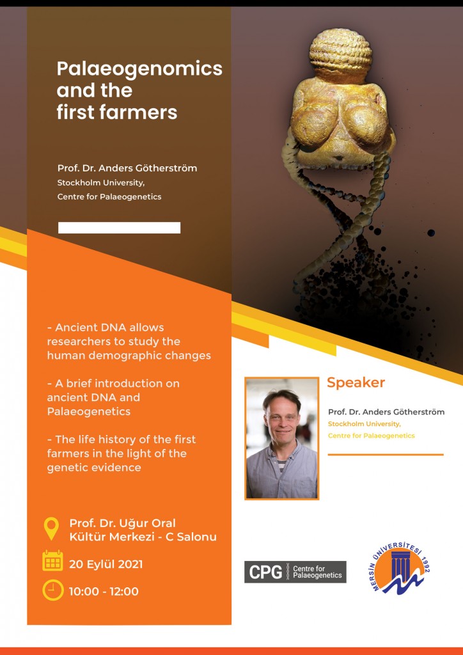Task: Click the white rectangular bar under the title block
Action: coord(120,228)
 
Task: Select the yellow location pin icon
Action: coord(52,529)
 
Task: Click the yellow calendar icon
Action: coord(52,560)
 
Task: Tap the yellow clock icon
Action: coord(53,590)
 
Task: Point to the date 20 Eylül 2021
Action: coord(106,565)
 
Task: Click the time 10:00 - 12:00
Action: coord(104,592)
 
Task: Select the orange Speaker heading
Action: coord(356,383)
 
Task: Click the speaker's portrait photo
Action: coord(282,438)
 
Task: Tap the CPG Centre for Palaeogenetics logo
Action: coord(295,572)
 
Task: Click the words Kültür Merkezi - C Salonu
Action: coord(143,537)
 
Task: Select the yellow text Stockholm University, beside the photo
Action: coord(365,425)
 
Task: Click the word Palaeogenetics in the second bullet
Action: coord(88,412)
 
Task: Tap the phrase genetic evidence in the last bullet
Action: coord(94,468)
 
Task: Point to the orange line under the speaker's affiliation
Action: coord(386,455)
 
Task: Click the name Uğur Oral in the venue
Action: coord(152,523)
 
